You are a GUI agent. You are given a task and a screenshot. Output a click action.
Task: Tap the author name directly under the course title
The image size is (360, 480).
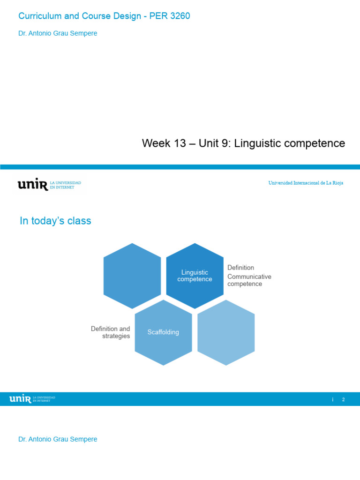coord(58,33)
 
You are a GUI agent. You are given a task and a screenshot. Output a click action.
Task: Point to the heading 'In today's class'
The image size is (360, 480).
coord(55,221)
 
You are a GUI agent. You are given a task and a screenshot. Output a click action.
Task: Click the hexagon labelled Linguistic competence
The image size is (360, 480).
coord(195,276)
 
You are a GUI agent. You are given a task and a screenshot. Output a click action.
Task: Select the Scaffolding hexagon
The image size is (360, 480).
coord(163,332)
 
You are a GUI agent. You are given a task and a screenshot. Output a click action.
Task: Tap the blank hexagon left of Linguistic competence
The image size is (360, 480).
coord(132,276)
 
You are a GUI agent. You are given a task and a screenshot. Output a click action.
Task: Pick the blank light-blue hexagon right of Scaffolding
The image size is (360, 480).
coord(226,332)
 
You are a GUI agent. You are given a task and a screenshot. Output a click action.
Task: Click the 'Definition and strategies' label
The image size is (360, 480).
coord(111,332)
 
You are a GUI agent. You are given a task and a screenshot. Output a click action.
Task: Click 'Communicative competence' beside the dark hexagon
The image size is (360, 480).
coord(249,280)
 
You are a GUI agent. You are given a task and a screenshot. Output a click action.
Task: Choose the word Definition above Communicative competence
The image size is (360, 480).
coord(240,268)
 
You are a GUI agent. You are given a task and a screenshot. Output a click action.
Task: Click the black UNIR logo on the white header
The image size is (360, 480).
coord(33,185)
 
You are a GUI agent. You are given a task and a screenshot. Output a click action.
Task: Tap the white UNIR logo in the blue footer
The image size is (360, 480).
coord(20,399)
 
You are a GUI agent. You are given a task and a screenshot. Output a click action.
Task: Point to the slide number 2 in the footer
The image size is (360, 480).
coord(344,400)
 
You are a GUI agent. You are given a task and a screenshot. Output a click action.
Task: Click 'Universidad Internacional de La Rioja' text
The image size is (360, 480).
coord(306,183)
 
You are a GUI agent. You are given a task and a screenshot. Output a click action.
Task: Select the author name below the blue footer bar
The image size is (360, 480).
coord(58,439)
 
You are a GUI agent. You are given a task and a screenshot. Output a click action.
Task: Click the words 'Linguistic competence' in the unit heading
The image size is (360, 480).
coord(289,143)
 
